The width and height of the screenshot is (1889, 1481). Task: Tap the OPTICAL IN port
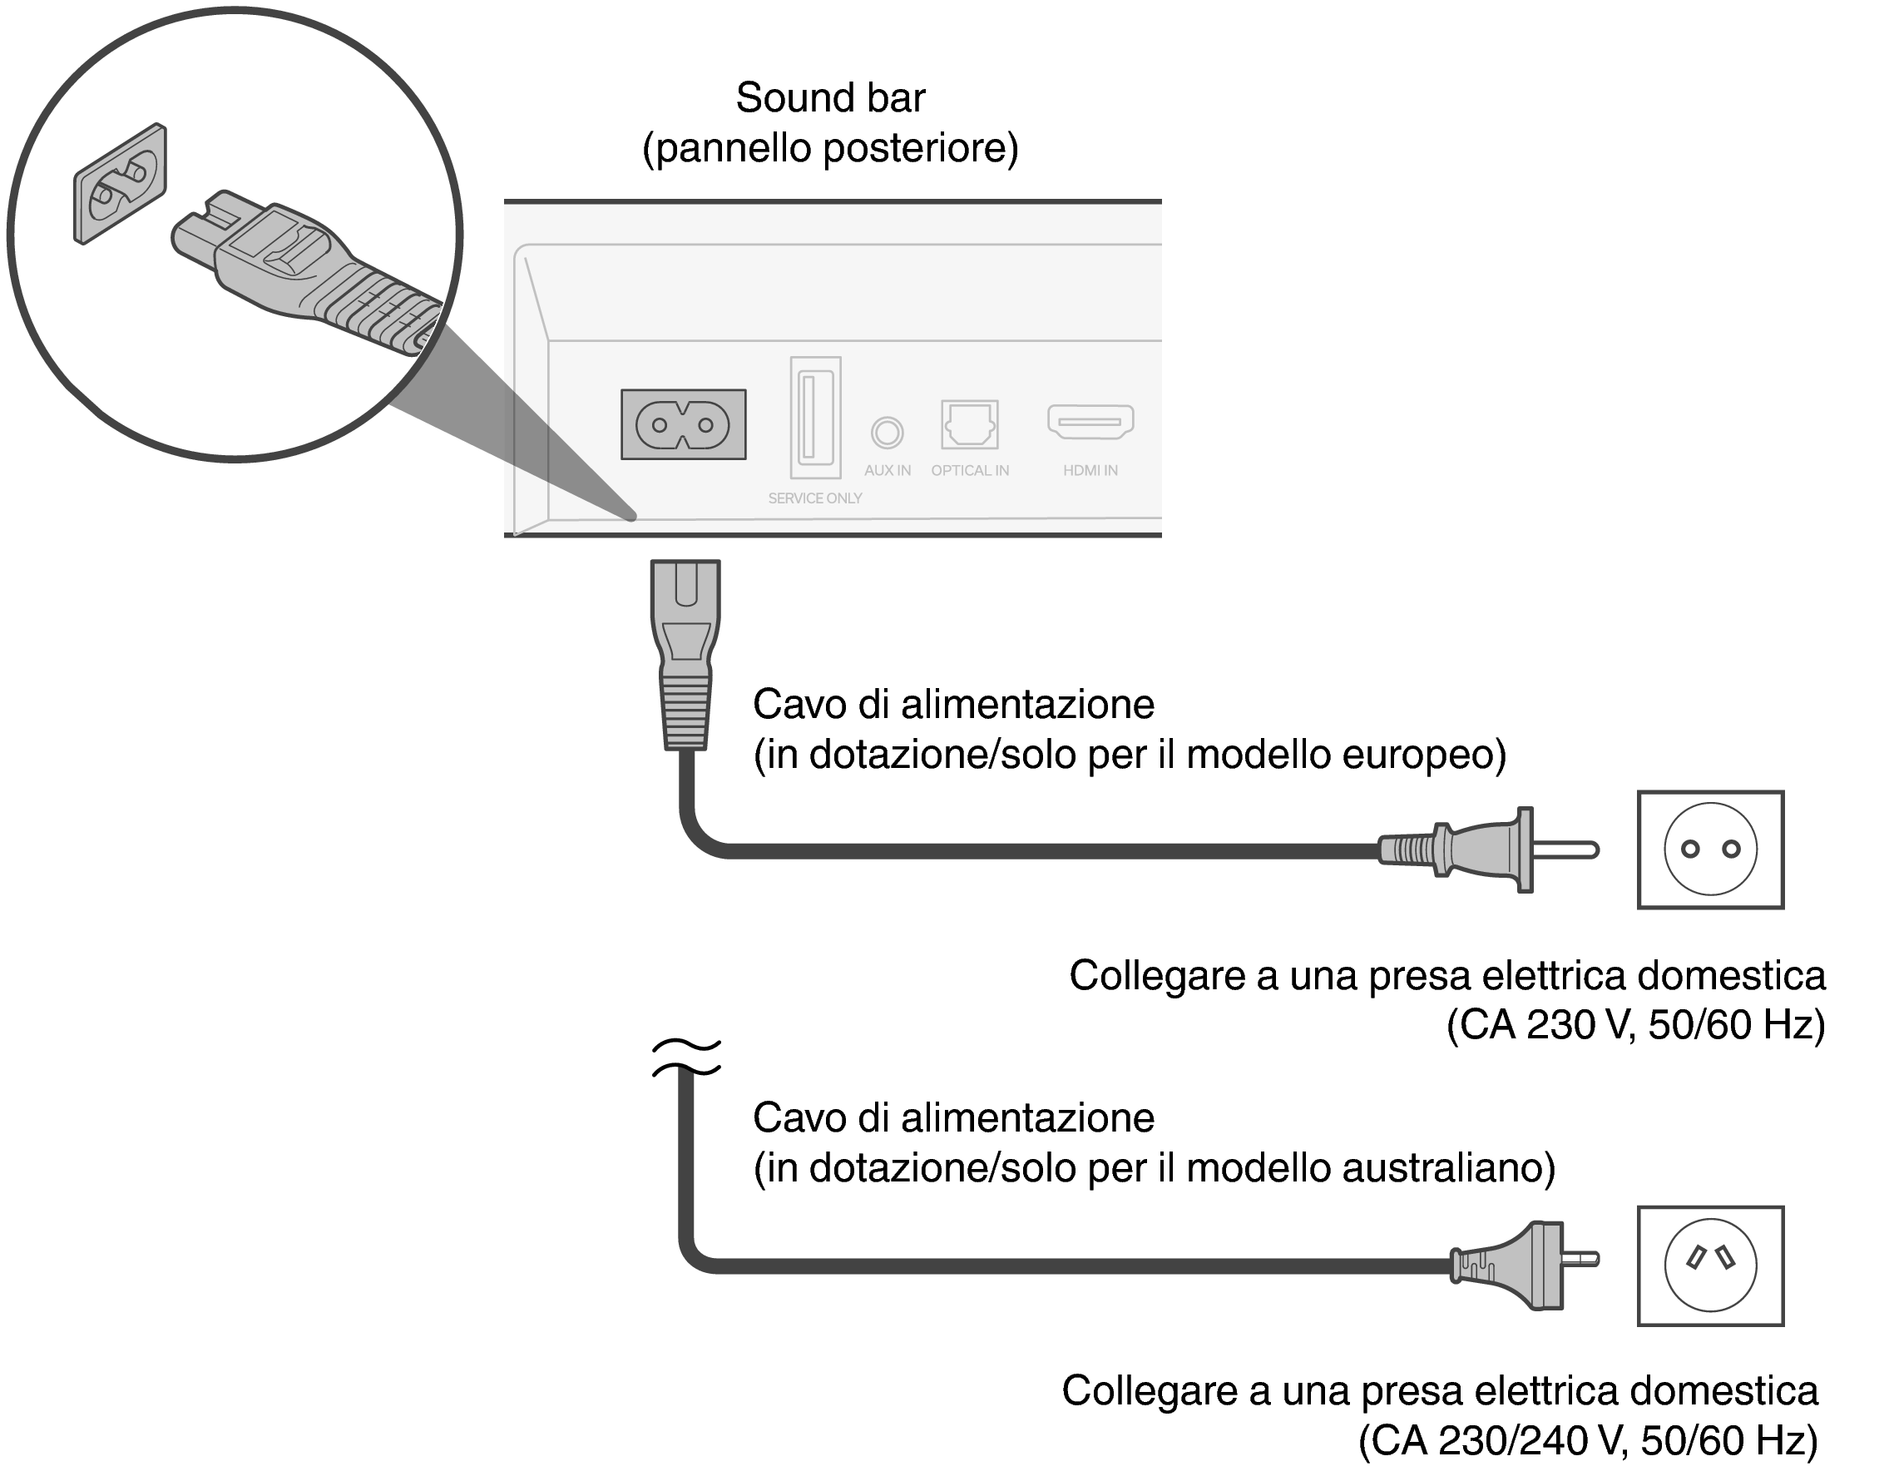(x=969, y=424)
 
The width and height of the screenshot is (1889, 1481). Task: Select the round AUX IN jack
(x=887, y=432)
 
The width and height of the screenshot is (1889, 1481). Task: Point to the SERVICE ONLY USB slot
(x=815, y=417)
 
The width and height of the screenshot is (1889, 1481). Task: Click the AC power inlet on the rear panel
(x=683, y=425)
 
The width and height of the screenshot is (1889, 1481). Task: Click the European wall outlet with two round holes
(x=1709, y=849)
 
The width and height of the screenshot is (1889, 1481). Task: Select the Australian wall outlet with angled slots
(x=1709, y=1266)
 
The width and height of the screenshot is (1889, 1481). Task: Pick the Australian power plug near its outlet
(x=1522, y=1266)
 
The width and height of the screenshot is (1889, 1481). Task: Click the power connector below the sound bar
(x=685, y=655)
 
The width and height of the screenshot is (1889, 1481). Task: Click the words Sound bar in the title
(x=829, y=98)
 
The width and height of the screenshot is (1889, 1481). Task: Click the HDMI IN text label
(x=1090, y=471)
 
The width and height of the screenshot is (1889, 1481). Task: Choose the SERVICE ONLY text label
(x=815, y=498)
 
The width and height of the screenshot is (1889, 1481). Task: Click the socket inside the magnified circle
(x=120, y=184)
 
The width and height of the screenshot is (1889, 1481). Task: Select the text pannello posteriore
(x=829, y=148)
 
